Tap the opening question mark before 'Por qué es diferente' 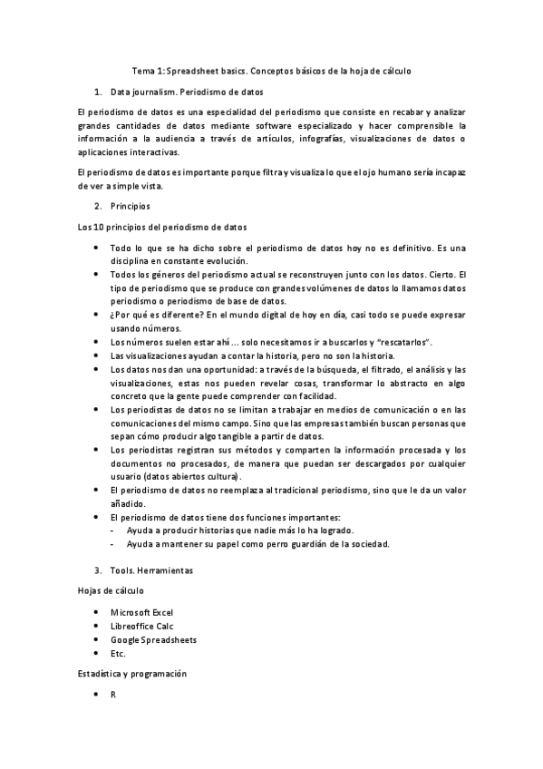tap(112, 314)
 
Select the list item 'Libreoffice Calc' tap(141, 626)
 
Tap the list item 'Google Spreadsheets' tap(153, 639)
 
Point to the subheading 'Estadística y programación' tap(131, 674)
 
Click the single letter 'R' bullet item tap(113, 696)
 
